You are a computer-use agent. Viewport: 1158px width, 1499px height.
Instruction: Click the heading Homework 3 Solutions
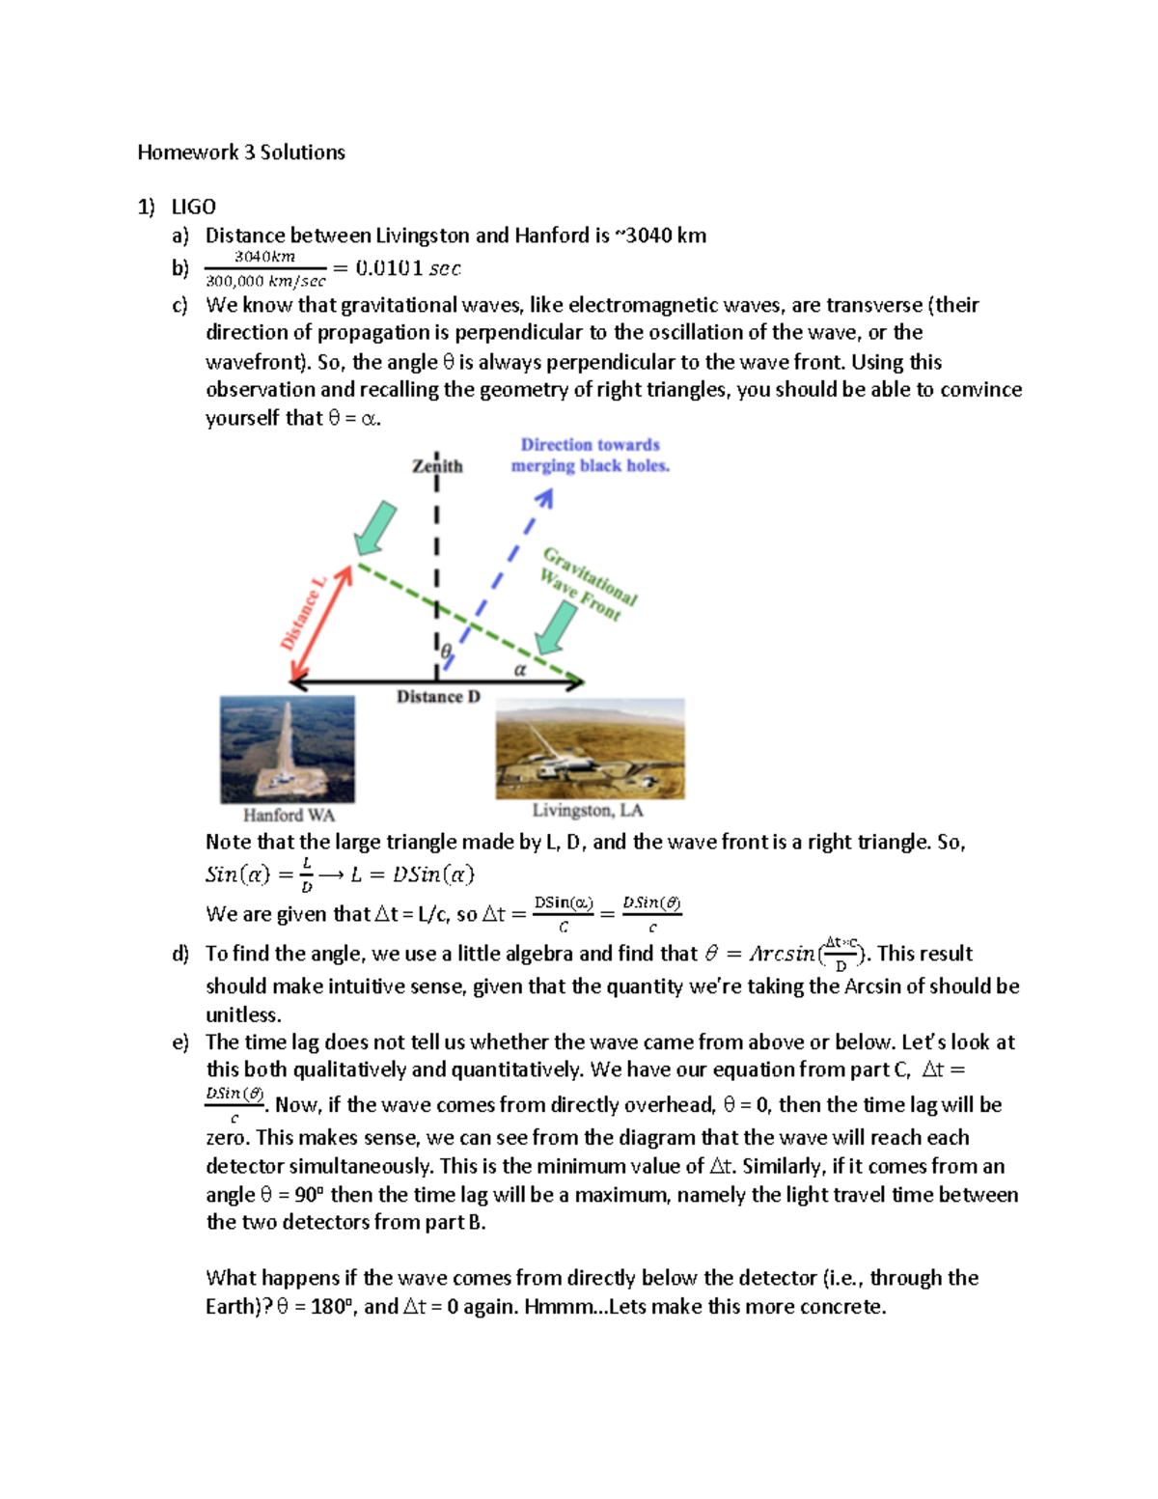tap(241, 153)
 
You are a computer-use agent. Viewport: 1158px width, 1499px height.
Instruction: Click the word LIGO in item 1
tap(193, 207)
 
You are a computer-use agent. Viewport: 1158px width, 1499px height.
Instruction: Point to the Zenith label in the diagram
tap(437, 466)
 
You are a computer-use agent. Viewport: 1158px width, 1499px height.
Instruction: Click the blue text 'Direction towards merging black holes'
tap(590, 456)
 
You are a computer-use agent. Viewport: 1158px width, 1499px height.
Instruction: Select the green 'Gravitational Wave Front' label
tap(588, 583)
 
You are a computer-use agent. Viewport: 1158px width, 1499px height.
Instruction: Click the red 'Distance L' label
tap(304, 611)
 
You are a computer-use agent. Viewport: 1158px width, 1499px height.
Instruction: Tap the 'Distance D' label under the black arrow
tap(438, 697)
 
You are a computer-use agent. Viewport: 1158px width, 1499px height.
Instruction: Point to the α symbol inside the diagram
tap(520, 670)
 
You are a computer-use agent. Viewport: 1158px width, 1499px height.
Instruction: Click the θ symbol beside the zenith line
tap(447, 652)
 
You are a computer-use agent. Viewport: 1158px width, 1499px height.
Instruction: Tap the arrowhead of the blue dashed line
tap(546, 497)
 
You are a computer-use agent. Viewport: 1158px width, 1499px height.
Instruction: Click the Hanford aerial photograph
tap(288, 750)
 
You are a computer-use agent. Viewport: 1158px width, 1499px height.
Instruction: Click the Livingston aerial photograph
tap(590, 749)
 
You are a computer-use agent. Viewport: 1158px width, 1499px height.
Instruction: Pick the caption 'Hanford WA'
tap(289, 815)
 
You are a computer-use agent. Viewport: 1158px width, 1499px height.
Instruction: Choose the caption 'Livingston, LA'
tap(587, 811)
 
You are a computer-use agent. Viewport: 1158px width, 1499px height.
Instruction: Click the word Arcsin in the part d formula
tap(782, 954)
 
